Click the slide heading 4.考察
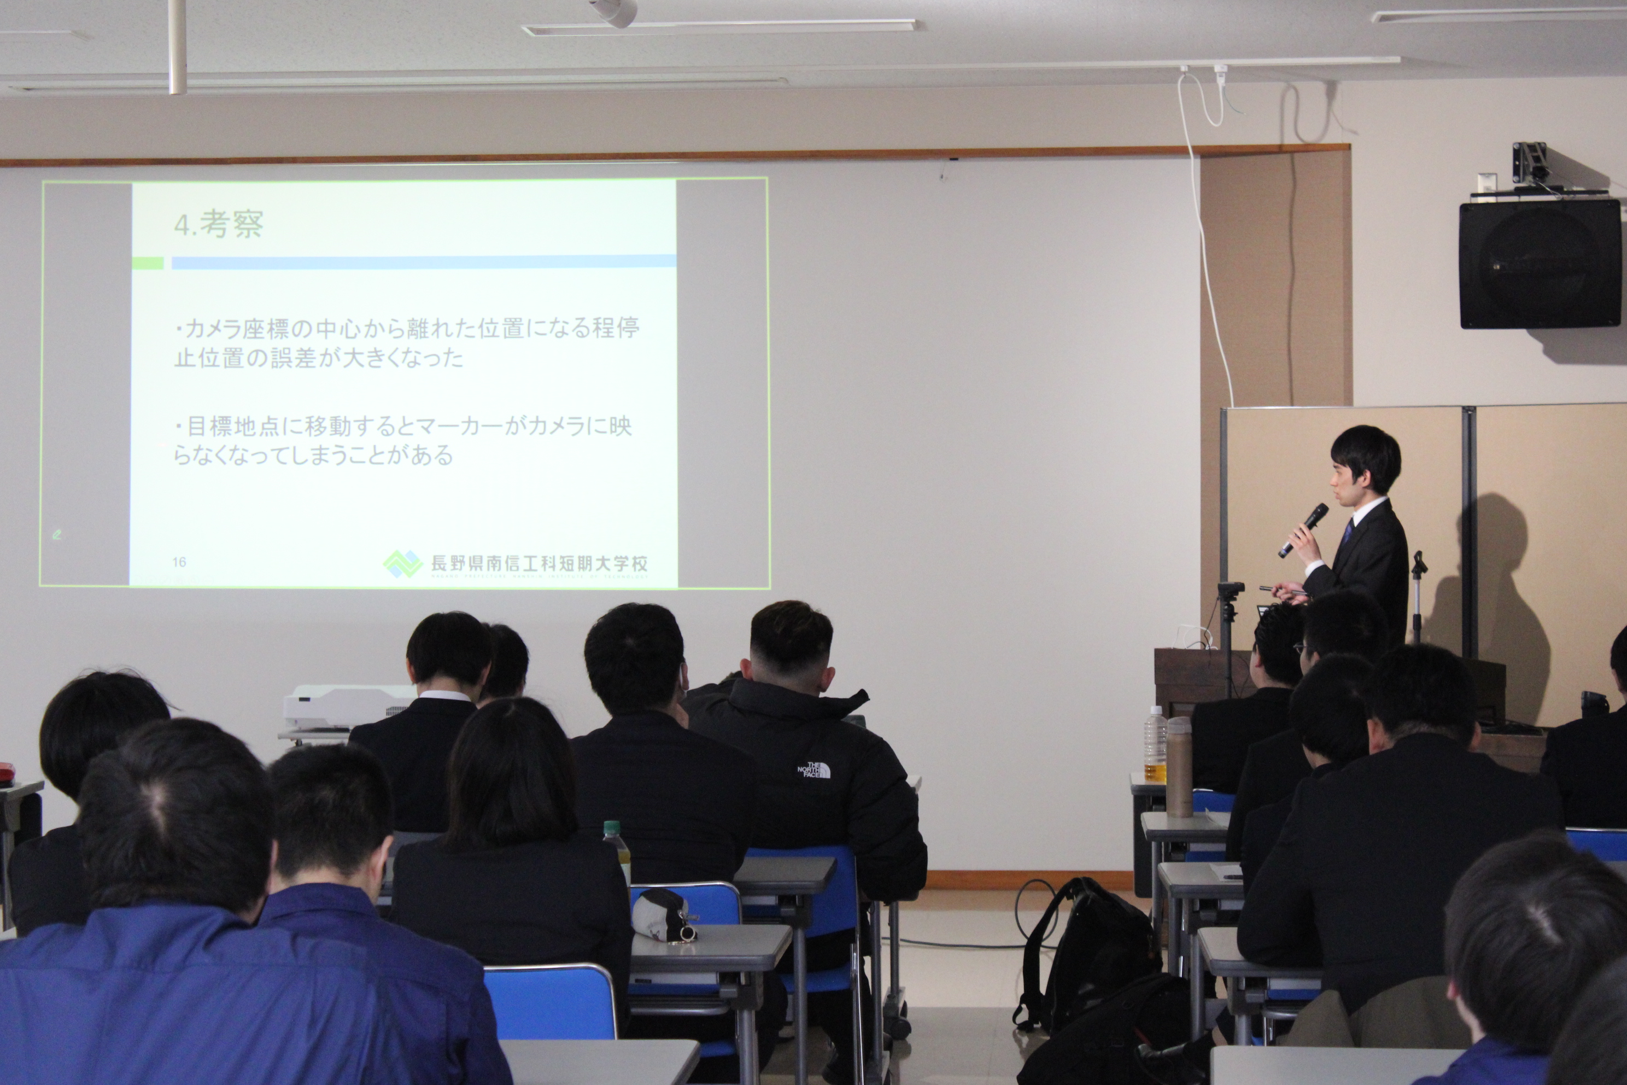click(x=219, y=224)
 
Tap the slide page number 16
click(x=179, y=562)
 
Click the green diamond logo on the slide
click(x=402, y=564)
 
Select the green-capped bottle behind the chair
click(x=616, y=851)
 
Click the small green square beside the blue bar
click(x=148, y=263)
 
